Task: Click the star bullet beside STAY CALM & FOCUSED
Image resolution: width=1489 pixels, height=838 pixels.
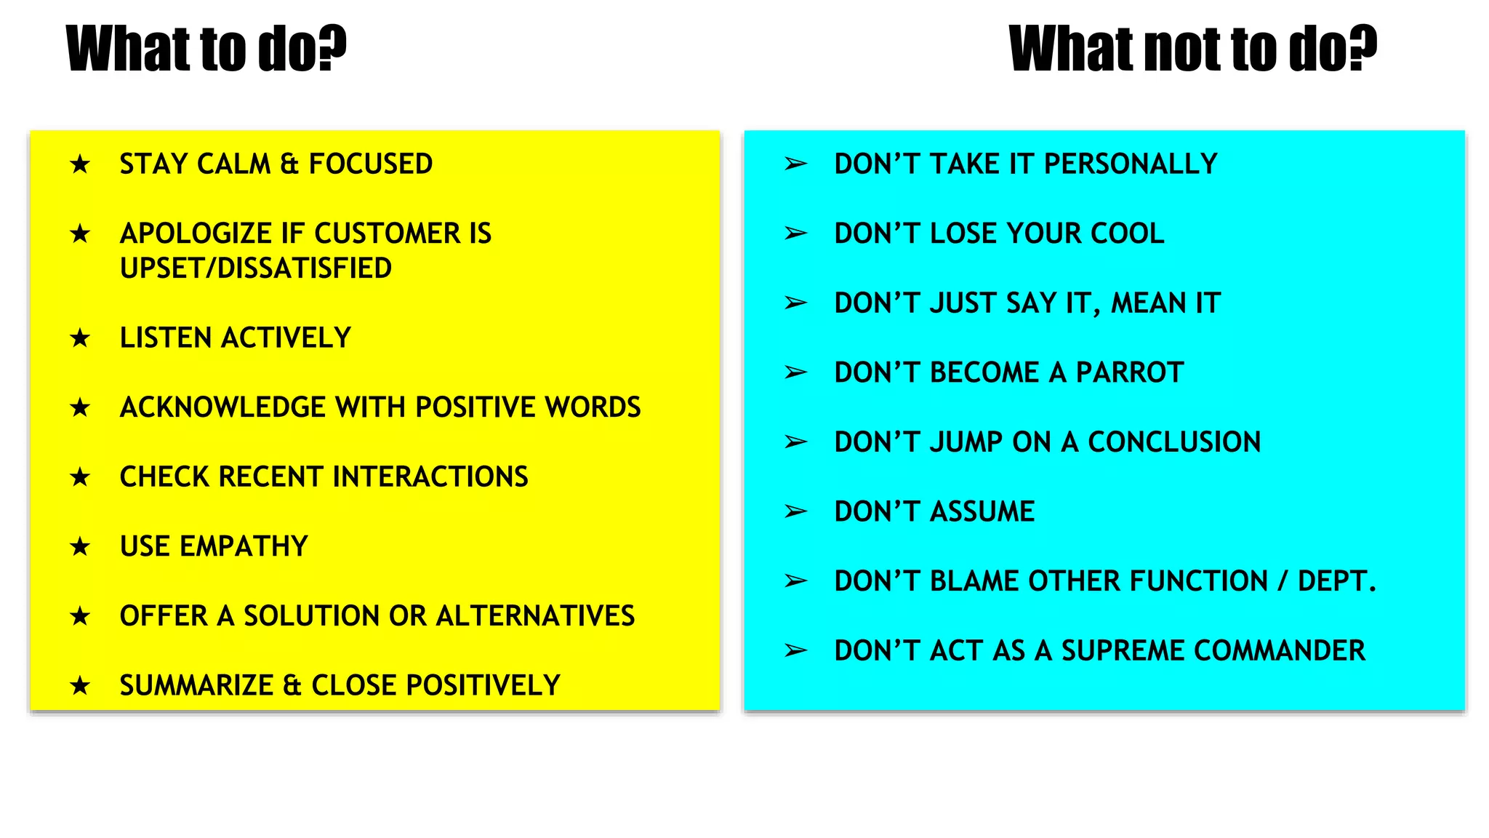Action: coord(80,164)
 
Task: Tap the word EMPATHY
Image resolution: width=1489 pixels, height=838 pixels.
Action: coord(244,546)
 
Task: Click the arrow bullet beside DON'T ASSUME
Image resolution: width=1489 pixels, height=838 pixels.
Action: coord(795,511)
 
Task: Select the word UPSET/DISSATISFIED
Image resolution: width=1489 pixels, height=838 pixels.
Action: coord(255,268)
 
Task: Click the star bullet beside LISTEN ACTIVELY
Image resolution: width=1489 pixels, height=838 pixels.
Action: coord(80,338)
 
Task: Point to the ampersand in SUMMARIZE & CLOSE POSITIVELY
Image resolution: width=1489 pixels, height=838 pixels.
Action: coord(292,685)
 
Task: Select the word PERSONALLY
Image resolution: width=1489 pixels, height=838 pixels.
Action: coord(1130,164)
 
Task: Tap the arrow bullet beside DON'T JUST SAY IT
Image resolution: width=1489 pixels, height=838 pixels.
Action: coord(795,303)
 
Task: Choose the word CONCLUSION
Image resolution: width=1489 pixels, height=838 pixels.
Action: coord(1173,442)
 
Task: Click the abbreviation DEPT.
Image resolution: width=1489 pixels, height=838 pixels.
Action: coord(1336,581)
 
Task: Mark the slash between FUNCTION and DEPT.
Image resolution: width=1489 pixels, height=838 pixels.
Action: coord(1283,581)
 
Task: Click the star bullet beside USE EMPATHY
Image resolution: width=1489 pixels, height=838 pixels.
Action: coord(80,546)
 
